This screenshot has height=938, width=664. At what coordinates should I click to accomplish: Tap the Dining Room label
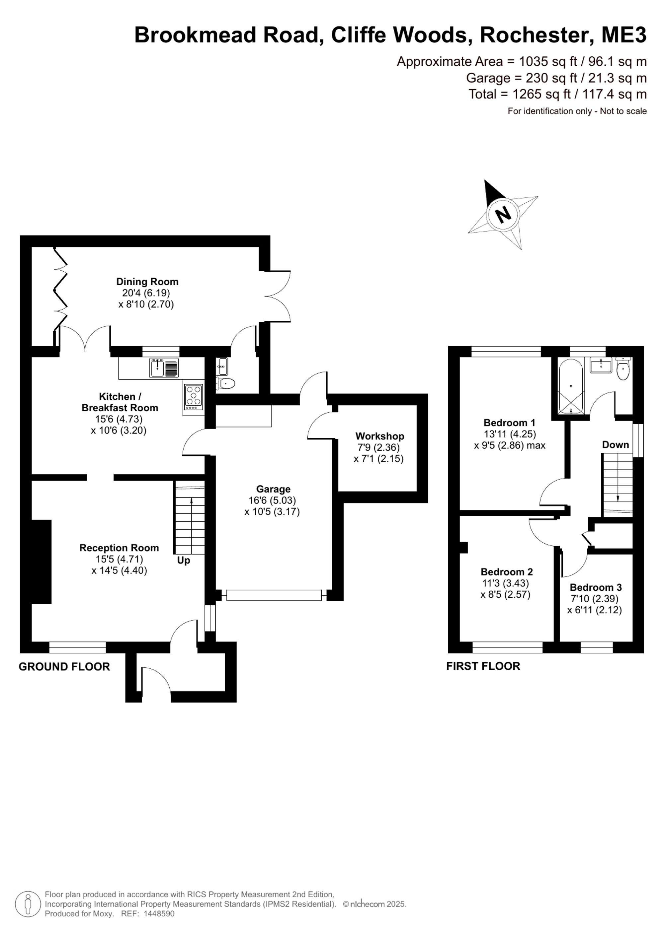(147, 282)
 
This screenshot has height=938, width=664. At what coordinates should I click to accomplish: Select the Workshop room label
(380, 436)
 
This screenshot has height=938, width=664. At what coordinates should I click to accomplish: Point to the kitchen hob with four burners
(194, 397)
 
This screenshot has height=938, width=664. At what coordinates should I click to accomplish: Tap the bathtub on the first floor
(571, 386)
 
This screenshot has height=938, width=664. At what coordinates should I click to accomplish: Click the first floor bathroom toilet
(623, 369)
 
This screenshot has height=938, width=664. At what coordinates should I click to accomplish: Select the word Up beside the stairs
(184, 561)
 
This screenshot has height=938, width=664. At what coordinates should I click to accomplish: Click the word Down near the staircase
(615, 444)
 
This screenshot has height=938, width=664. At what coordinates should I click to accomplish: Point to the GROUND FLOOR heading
(64, 667)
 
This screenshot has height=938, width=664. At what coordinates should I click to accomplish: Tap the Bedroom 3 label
(596, 587)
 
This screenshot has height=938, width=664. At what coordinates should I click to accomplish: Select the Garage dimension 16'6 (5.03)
(272, 500)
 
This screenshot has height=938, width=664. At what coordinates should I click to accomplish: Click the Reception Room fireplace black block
(41, 562)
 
